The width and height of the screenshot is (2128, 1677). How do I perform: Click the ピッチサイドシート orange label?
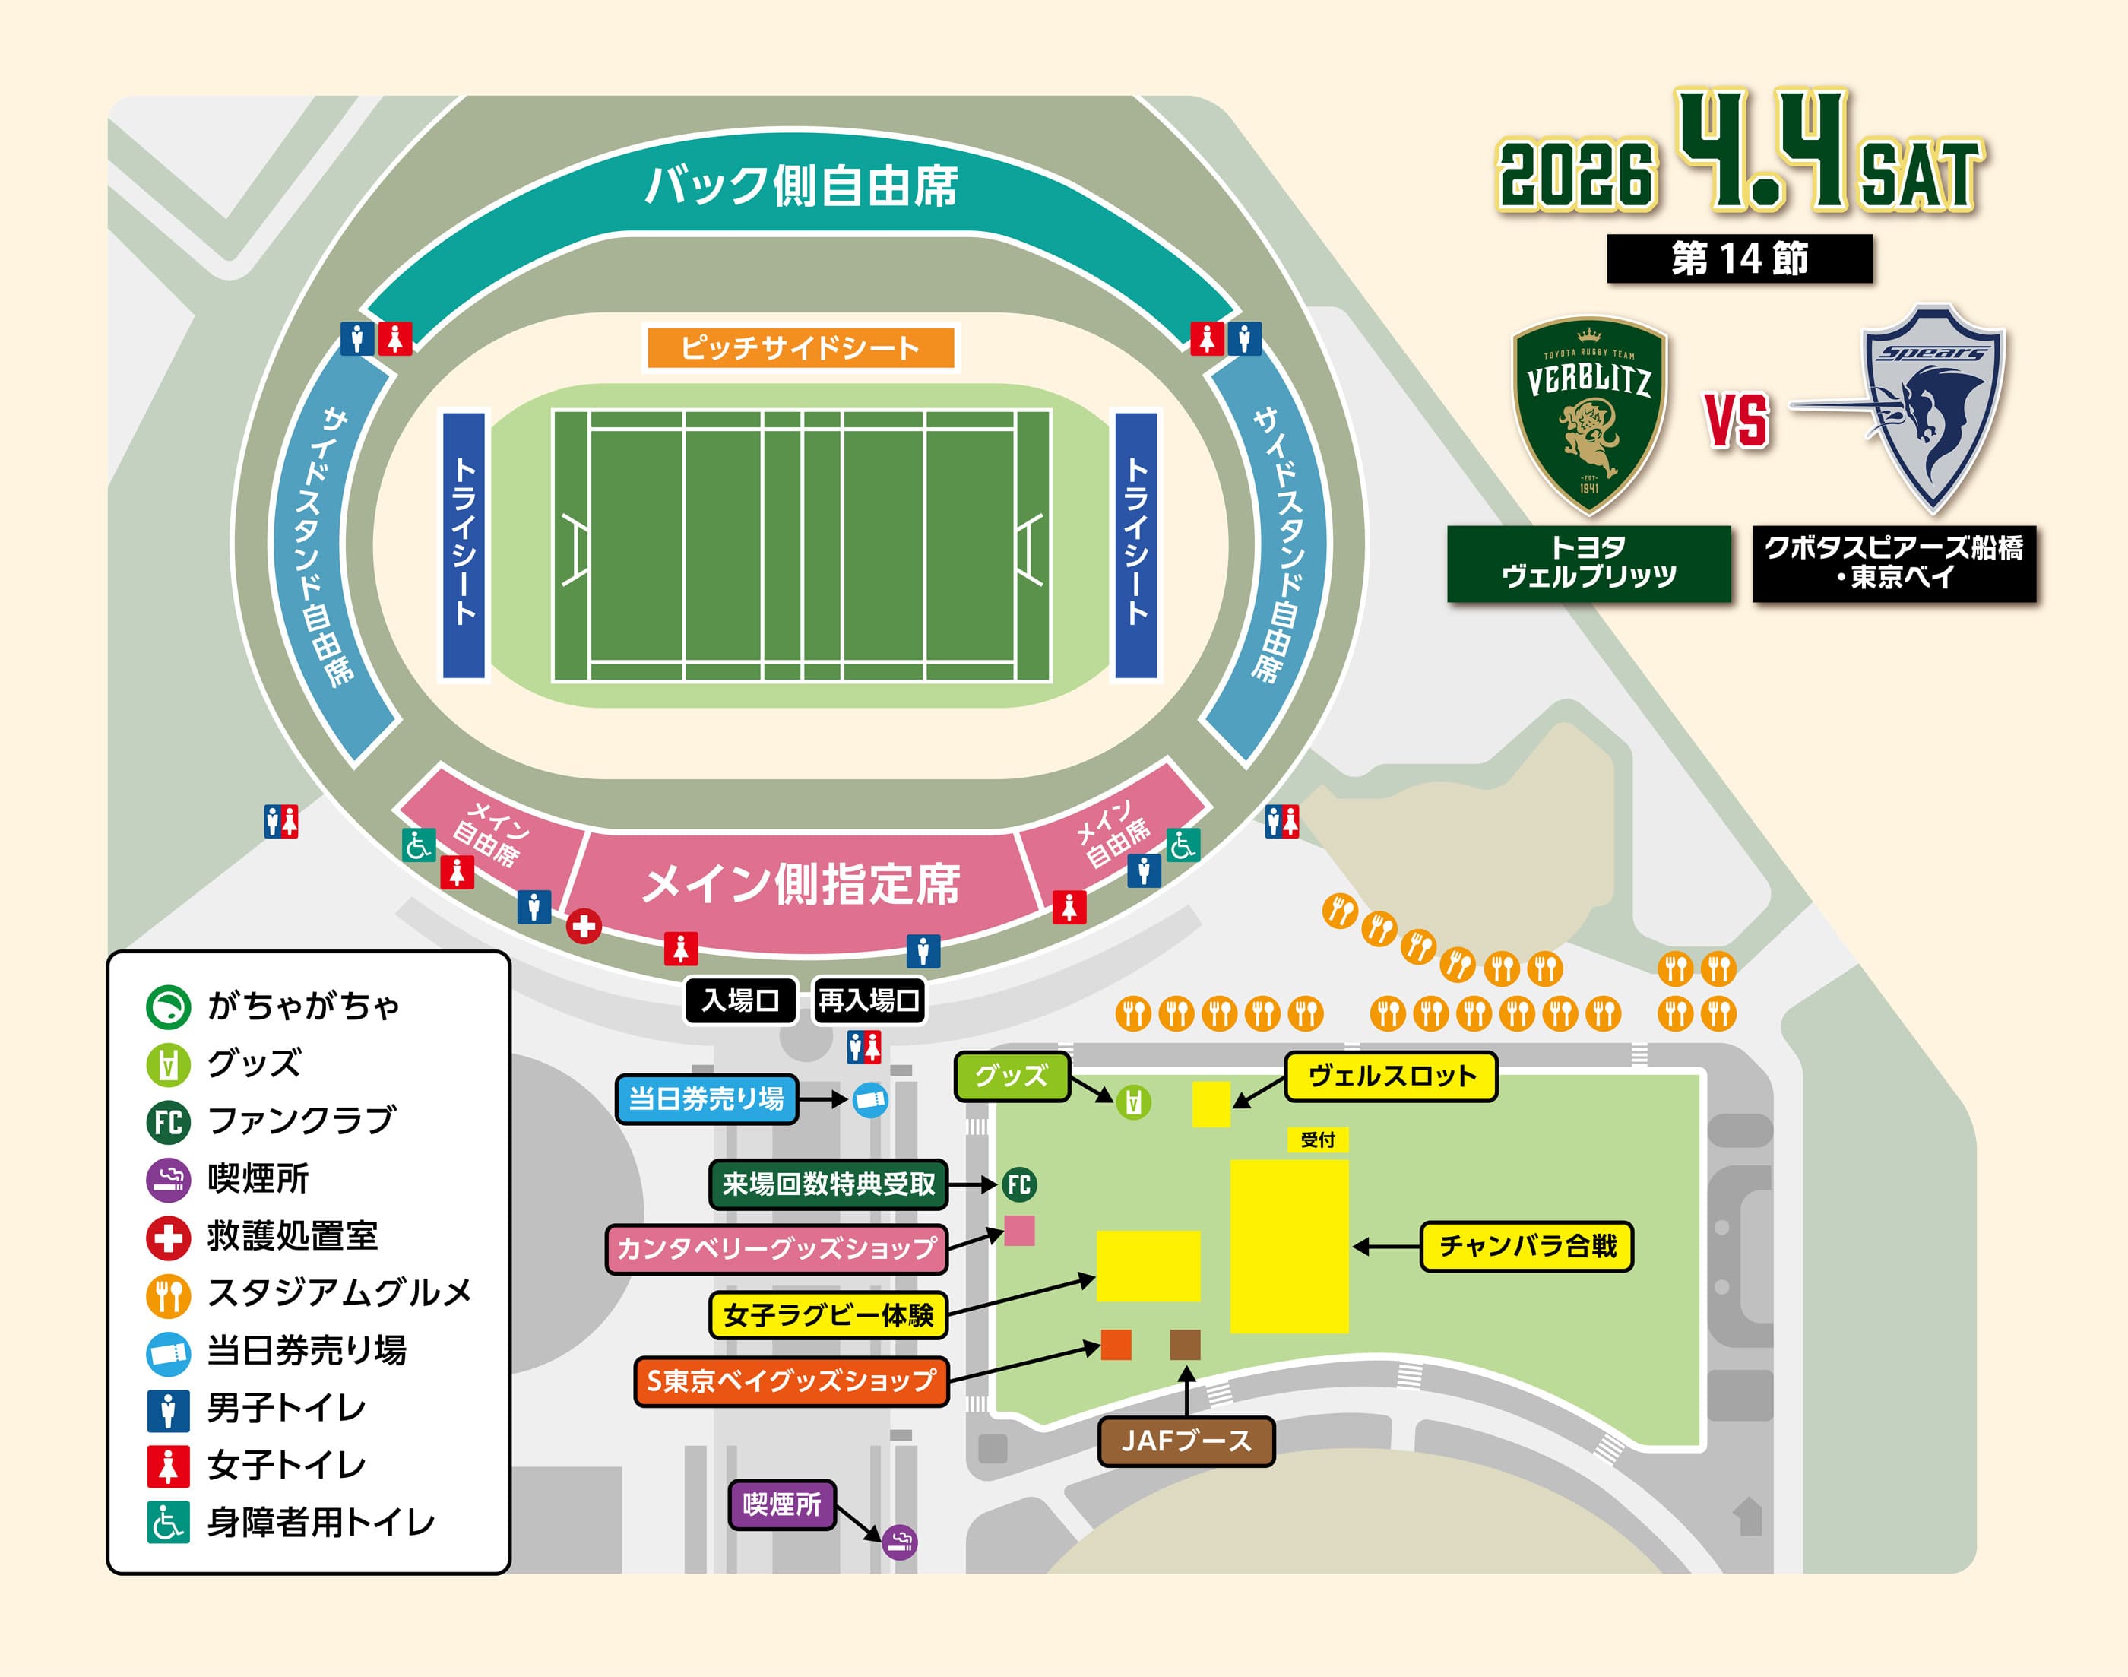(800, 347)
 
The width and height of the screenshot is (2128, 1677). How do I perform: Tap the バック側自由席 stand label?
(800, 185)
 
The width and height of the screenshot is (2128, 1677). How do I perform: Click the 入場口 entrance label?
(740, 1000)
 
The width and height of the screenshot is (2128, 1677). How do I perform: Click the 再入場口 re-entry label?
(869, 1000)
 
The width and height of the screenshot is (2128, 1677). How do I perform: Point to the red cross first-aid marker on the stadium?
(584, 925)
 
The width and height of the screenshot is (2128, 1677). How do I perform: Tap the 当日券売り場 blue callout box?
(706, 1098)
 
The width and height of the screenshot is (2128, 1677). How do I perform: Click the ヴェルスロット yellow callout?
(1391, 1076)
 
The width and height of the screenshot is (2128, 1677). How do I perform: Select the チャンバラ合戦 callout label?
(1526, 1246)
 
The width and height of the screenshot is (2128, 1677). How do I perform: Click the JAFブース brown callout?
(1186, 1441)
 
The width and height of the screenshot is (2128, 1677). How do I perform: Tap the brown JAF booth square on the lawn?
(1185, 1344)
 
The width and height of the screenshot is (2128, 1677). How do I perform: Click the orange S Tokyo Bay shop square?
(1116, 1344)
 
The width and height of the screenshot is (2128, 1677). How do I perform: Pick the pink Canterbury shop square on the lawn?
(1019, 1230)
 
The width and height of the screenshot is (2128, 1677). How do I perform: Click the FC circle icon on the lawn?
(1019, 1184)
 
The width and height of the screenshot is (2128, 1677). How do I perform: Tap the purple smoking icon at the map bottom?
(899, 1542)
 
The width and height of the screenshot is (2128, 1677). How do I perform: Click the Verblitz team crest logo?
(1589, 417)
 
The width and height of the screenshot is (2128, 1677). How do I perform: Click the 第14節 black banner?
(1740, 258)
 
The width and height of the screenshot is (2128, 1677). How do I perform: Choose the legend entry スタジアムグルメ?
(339, 1294)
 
